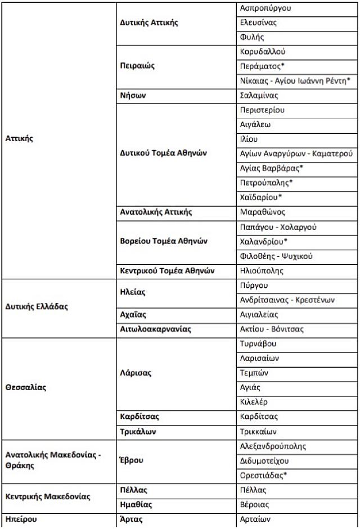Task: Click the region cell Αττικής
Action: [19, 138]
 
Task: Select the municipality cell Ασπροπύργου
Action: [265, 8]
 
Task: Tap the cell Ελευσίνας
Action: [258, 23]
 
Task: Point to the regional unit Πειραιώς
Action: [137, 66]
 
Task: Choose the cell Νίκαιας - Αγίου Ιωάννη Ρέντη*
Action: [295, 81]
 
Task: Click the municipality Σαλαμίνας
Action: [259, 96]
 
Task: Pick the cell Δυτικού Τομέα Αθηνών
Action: [164, 153]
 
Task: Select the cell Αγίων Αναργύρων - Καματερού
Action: [296, 153]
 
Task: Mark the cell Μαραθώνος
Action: [262, 212]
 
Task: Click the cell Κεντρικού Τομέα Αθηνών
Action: [168, 270]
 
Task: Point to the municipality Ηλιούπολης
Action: [262, 270]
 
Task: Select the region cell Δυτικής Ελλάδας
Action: [37, 307]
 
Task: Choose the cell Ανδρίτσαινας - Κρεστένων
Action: [287, 300]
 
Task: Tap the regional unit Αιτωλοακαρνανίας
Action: [156, 329]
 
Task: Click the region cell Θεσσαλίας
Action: [26, 387]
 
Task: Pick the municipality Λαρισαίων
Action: [259, 358]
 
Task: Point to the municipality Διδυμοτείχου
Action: [264, 460]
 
